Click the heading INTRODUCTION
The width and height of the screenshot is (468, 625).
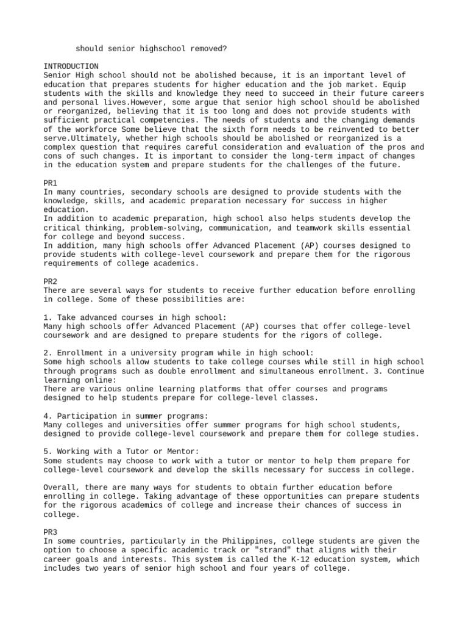71,66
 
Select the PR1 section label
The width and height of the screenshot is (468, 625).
51,182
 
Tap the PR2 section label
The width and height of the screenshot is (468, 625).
51,281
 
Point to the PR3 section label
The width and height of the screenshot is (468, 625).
51,532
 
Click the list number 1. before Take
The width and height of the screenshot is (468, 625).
48,317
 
